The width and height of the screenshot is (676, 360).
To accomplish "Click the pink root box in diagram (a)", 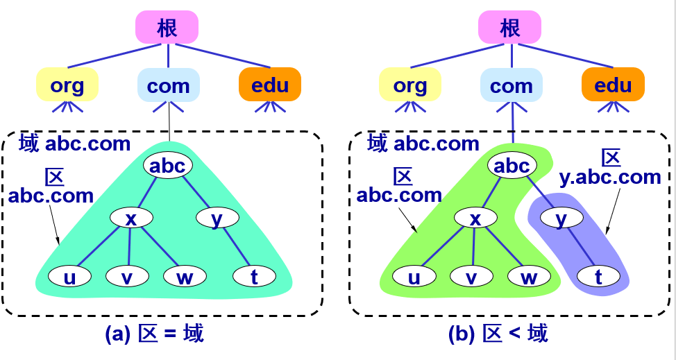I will point(167,28).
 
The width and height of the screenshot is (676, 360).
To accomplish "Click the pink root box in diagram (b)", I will point(509,28).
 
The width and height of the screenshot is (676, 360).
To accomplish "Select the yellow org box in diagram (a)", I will point(67,85).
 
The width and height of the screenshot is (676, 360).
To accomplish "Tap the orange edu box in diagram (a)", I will point(270,85).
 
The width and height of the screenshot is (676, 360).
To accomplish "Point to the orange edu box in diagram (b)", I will point(613,85).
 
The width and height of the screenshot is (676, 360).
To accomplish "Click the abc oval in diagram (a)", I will point(167,166).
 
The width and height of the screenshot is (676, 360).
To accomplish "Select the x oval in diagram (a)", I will point(130,218).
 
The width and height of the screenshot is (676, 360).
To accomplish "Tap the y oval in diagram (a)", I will point(217,218).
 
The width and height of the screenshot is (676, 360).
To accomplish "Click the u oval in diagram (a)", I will point(69,277).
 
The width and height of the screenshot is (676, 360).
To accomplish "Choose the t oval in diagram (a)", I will point(255,277).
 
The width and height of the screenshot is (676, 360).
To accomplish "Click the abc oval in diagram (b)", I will point(511,166).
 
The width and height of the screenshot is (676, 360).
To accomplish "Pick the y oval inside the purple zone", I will point(561,218).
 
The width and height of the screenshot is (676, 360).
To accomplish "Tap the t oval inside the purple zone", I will point(598,277).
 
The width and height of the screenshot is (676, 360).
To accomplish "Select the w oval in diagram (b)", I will point(529,277).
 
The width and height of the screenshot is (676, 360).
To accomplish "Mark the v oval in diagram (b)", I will point(471,277).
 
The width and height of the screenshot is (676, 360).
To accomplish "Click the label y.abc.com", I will point(610,178).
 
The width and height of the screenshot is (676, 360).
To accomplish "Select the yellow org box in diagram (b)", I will point(410,85).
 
